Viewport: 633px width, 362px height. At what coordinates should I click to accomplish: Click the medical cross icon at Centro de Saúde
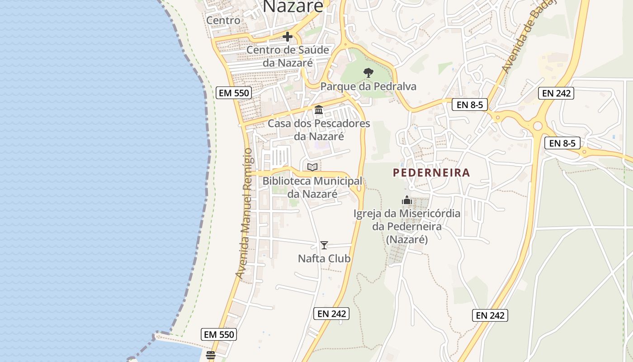288,37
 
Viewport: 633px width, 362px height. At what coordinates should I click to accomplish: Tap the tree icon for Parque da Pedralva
368,72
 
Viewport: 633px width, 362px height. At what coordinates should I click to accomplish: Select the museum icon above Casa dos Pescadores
319,110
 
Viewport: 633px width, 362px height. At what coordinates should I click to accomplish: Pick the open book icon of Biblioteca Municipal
312,167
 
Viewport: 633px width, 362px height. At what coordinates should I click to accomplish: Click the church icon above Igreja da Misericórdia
407,200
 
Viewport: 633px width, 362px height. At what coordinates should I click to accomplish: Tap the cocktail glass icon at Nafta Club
324,245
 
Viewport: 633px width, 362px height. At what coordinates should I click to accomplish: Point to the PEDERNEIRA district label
431,172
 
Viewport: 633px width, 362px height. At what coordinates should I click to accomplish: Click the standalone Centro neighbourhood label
223,20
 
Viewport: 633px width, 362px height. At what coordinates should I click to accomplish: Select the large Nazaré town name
293,6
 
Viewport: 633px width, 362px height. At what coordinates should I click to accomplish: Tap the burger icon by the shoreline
210,355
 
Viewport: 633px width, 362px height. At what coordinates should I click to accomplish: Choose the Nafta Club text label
324,259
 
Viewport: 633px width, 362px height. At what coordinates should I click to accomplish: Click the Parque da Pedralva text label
368,86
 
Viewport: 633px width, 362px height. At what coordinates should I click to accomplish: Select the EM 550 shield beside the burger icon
219,335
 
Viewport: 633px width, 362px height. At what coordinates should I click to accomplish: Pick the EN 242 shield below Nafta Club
331,314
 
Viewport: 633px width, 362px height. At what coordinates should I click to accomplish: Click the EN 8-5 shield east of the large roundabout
562,143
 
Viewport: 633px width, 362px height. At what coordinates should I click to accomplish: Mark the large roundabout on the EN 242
537,126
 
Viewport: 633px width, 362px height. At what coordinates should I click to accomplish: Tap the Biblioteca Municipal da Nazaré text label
312,187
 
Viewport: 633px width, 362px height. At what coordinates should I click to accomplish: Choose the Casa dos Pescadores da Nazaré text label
319,129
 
